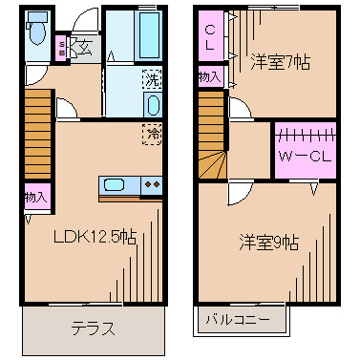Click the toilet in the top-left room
click(x=35, y=32)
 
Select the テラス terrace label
click(x=93, y=330)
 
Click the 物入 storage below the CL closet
click(x=209, y=75)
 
